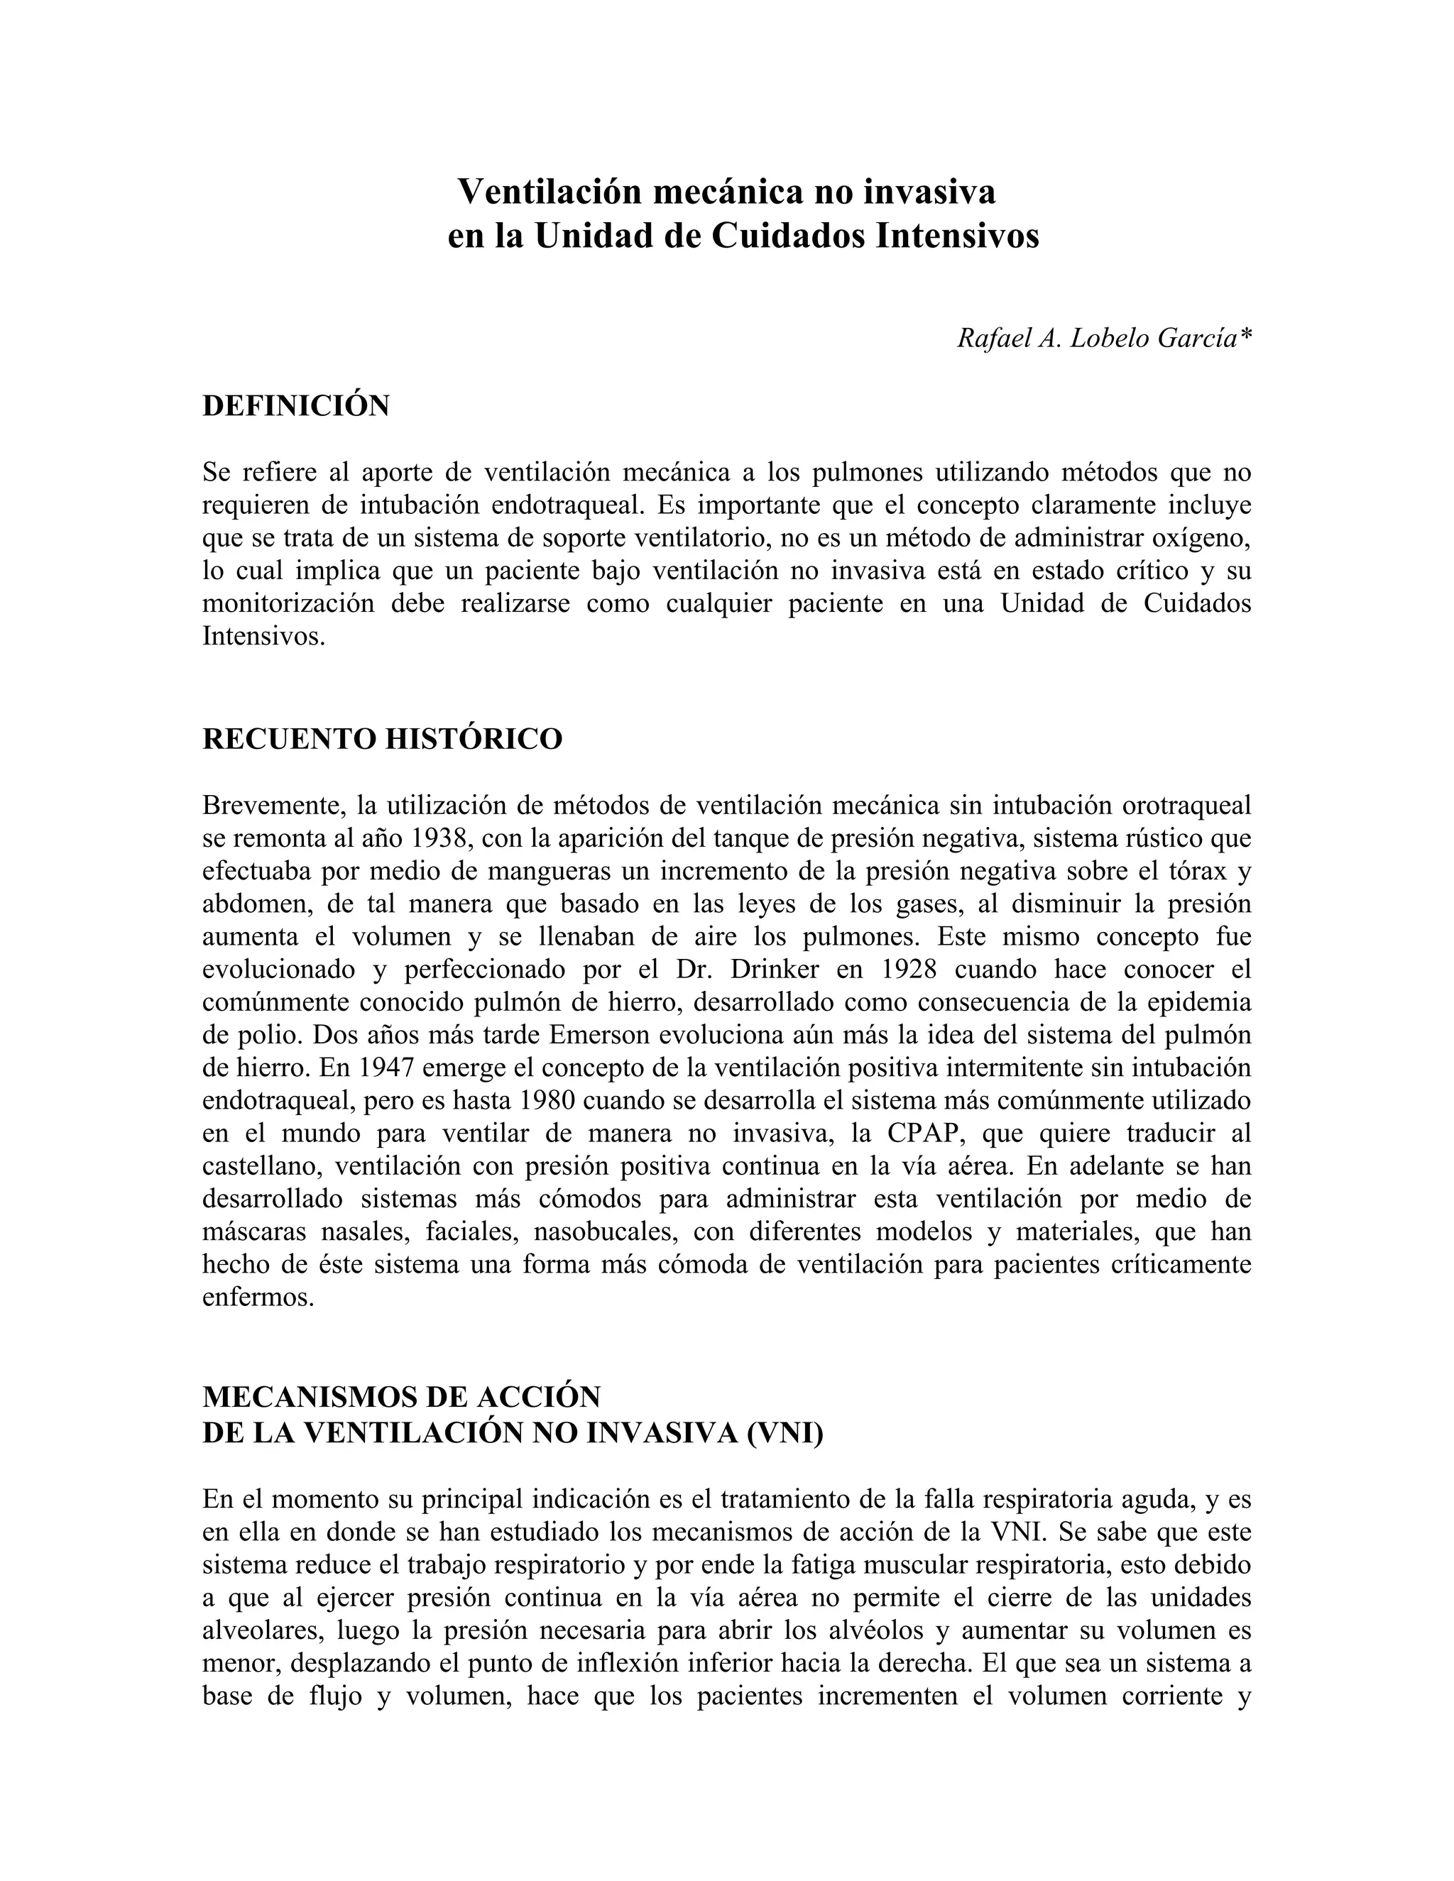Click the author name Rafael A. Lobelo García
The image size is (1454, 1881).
tap(1103, 339)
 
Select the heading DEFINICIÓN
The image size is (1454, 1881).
tap(295, 405)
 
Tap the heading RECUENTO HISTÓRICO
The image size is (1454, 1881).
tap(381, 739)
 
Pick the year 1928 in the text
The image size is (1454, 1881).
tap(909, 969)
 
